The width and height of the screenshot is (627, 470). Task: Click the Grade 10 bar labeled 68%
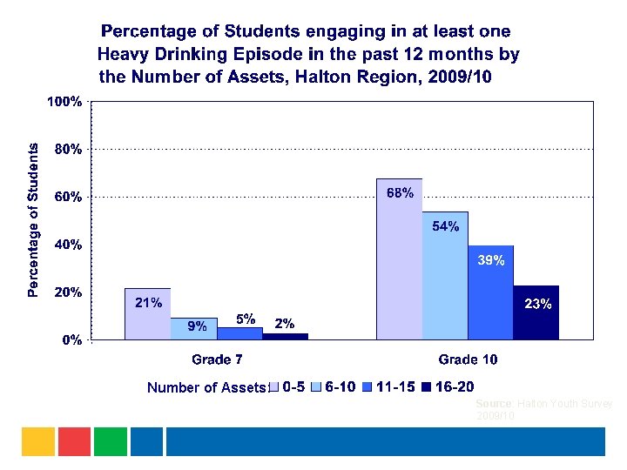pos(399,261)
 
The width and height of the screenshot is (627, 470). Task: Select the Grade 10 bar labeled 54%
pos(445,279)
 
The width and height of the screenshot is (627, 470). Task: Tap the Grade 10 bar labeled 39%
pos(490,296)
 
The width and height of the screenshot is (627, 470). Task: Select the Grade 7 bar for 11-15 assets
pos(239,332)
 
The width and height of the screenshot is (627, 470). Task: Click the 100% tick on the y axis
pos(64,102)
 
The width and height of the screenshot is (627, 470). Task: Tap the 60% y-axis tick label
pos(68,197)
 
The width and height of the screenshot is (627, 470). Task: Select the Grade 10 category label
pos(468,359)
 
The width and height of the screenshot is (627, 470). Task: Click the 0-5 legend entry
pos(293,387)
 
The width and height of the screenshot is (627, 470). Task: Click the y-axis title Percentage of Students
pos(33,220)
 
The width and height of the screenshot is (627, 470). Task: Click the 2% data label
pos(284,323)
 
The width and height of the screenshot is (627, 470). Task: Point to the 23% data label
pos(537,304)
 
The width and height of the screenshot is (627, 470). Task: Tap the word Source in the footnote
pos(495,405)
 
